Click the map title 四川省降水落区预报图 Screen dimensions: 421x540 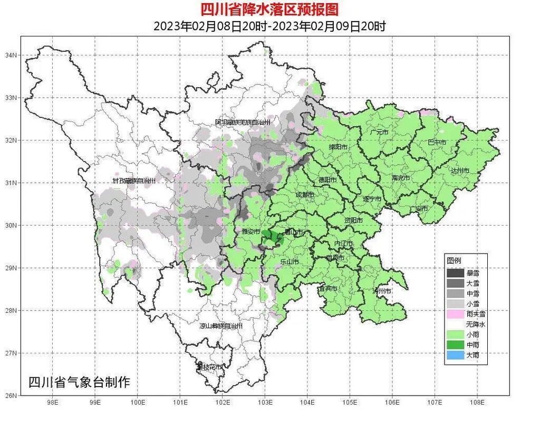(x=269, y=9)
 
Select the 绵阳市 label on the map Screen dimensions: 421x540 (x=339, y=147)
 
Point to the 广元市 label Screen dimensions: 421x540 (x=379, y=132)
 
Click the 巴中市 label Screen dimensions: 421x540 (x=437, y=143)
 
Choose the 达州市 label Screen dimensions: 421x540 (x=459, y=171)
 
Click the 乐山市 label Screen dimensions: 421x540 (x=290, y=261)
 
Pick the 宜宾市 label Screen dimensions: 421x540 (x=327, y=288)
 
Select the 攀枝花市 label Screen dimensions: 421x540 (x=209, y=367)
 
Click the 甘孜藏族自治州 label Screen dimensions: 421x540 (x=134, y=181)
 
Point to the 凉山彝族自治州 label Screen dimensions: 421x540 (x=221, y=326)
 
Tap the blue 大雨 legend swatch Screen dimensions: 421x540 (x=456, y=354)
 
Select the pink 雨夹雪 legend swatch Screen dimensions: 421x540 (x=456, y=314)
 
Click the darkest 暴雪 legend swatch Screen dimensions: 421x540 (x=456, y=273)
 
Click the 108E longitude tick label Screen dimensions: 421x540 (x=477, y=401)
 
